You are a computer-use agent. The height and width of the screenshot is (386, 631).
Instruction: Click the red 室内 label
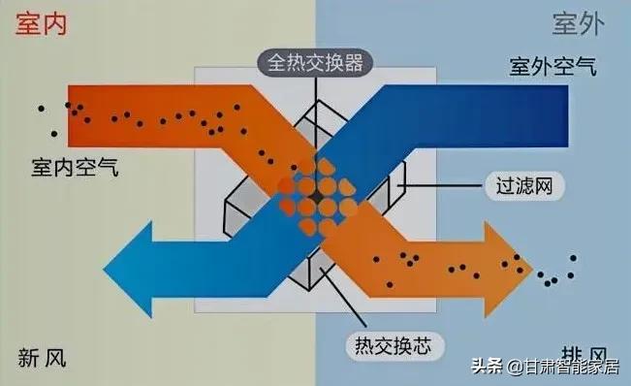(x=42, y=23)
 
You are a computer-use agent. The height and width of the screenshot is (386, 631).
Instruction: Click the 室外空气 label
(x=552, y=67)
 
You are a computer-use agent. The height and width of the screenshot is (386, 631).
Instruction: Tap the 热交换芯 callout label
(x=385, y=342)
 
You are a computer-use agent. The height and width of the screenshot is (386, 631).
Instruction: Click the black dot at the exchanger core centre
(x=316, y=197)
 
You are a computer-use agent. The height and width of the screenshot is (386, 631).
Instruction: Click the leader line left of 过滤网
(x=440, y=184)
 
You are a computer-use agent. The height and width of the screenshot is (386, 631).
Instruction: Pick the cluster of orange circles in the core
(x=317, y=199)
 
